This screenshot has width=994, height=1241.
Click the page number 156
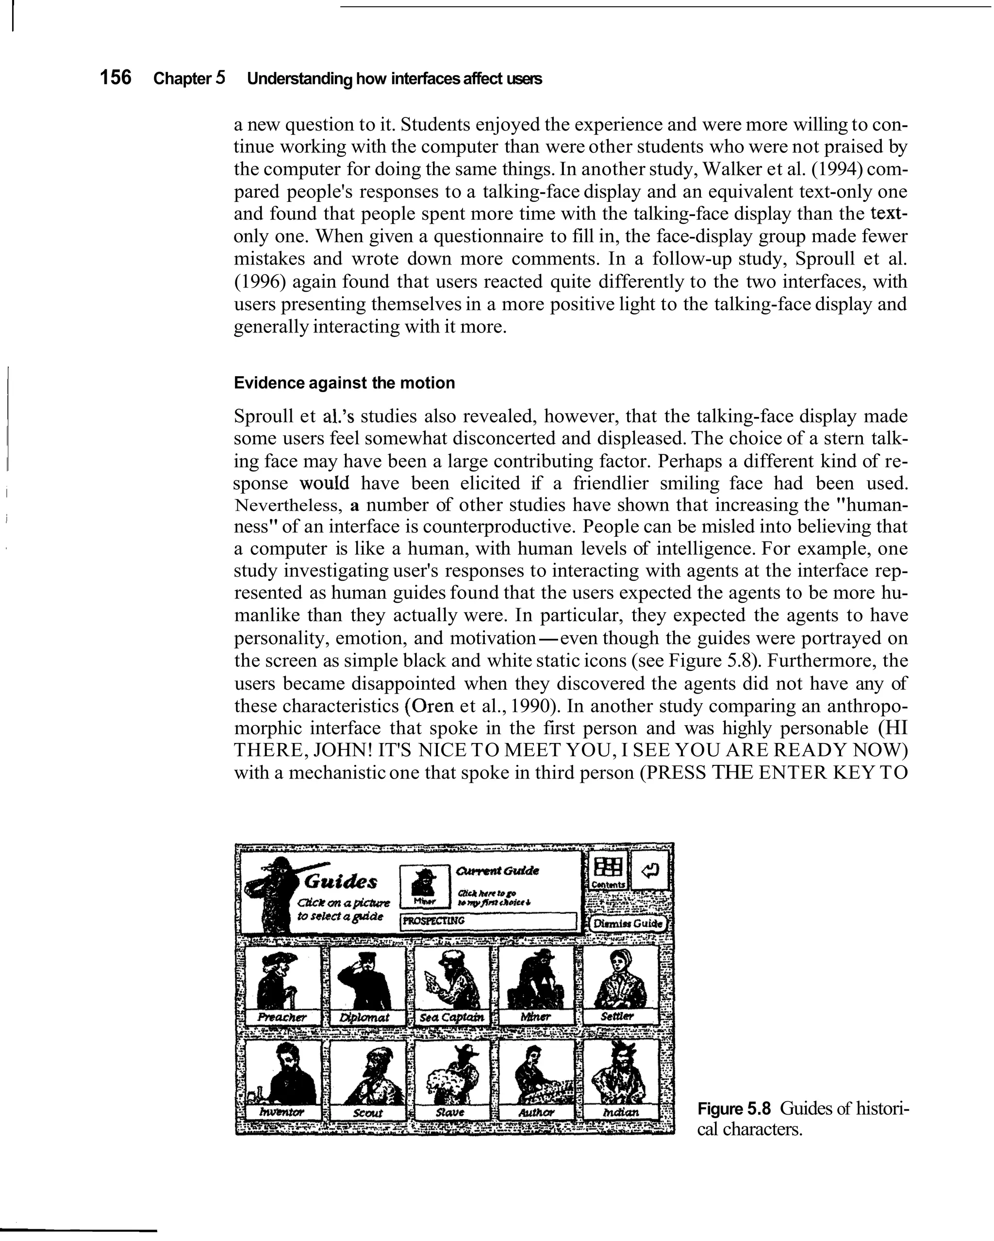coord(116,77)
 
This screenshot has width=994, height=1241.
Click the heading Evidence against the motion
coord(344,383)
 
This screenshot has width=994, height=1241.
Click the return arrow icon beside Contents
coord(650,870)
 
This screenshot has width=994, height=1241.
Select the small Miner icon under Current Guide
coord(425,882)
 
